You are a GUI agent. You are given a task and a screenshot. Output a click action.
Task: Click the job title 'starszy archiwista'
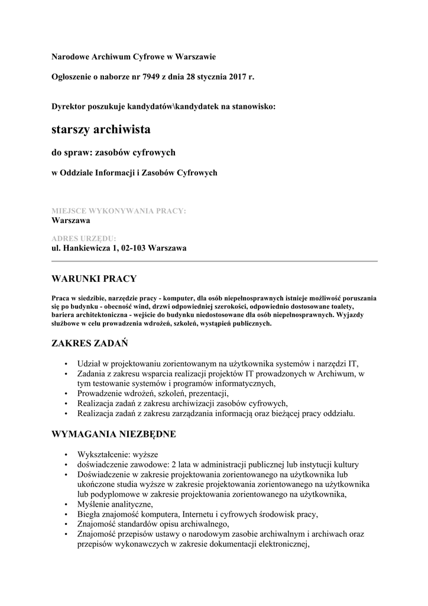[x=101, y=128]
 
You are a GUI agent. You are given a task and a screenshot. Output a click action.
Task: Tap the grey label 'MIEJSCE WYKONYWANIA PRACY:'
[x=119, y=211]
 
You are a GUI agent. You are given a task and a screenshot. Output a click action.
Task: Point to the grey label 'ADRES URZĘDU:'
[x=84, y=238]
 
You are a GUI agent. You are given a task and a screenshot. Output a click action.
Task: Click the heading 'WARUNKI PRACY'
[x=95, y=278]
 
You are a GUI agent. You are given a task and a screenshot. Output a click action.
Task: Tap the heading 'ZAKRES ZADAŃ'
[x=90, y=343]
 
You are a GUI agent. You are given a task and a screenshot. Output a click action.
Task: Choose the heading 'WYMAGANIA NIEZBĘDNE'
[x=114, y=434]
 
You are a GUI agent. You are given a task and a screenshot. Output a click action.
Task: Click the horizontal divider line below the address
[x=214, y=261]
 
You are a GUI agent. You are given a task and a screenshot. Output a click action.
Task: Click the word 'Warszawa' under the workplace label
[x=71, y=220]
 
